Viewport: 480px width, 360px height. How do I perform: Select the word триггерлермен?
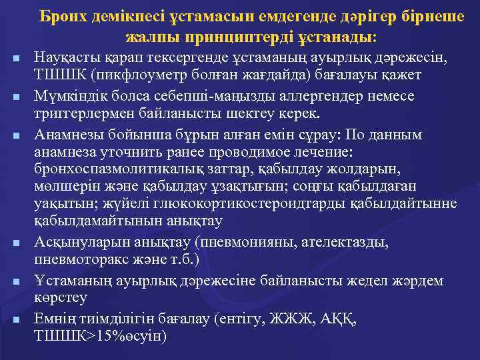82,112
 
